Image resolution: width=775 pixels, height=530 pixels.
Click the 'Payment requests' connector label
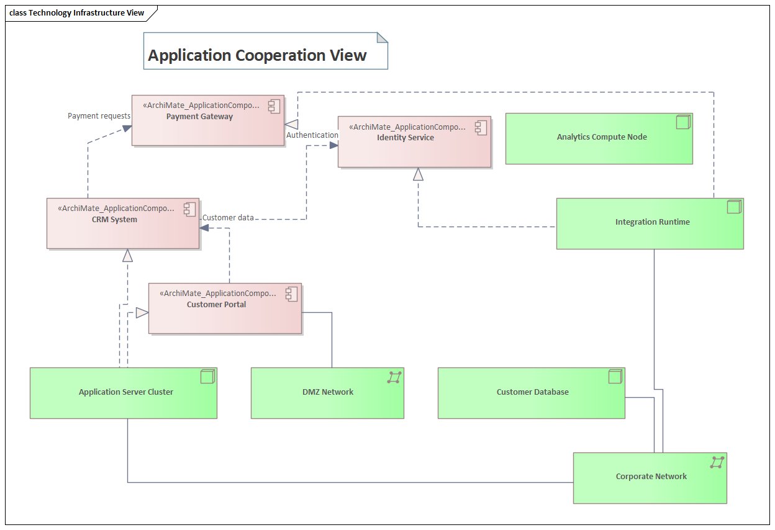click(99, 116)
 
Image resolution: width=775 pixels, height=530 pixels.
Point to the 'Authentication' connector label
click(312, 135)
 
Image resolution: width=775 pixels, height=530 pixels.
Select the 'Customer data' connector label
click(229, 218)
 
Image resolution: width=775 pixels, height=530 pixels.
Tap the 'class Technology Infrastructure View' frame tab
click(77, 12)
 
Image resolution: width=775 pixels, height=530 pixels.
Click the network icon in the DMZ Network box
click(394, 377)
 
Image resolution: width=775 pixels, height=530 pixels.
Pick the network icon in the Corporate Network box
click(717, 462)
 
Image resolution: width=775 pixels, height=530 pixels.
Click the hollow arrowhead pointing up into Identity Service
click(418, 174)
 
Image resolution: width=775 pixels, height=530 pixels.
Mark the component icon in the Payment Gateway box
click(274, 106)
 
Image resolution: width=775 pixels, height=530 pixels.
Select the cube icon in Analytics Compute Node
click(682, 122)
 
